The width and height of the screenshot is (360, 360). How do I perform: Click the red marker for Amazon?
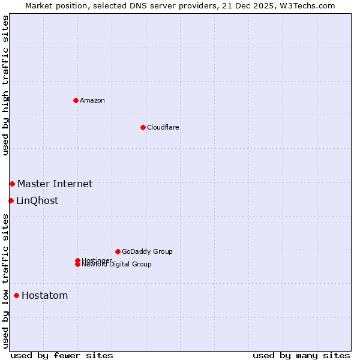coord(76,100)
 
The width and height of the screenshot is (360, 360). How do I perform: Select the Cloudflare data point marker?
coord(143,127)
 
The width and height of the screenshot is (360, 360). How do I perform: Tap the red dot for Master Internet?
coord(12,184)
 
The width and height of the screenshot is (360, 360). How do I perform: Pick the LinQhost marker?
coord(11,200)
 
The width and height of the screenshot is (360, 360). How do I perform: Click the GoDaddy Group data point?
coord(118,251)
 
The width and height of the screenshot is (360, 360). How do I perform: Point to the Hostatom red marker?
coord(16,295)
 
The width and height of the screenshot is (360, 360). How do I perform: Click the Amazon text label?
coord(92,100)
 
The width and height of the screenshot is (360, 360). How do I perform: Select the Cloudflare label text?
coord(163,127)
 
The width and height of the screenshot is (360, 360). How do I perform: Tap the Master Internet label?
coord(55,184)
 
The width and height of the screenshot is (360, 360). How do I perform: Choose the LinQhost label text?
coord(37,200)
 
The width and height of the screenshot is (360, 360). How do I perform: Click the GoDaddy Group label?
coord(147,251)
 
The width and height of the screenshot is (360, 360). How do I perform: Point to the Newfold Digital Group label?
coord(117,265)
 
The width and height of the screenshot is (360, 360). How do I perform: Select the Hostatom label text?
coord(45,295)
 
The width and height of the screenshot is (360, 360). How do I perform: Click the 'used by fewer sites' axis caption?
coord(62,355)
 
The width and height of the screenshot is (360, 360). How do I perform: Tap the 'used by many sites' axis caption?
coord(301,355)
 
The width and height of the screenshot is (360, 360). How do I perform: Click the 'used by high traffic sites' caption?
coord(5,85)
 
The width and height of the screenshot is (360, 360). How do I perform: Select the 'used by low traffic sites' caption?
coord(5,281)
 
